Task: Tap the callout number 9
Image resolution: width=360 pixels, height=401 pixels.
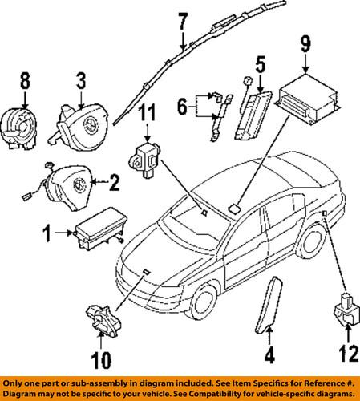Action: pyautogui.click(x=305, y=43)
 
